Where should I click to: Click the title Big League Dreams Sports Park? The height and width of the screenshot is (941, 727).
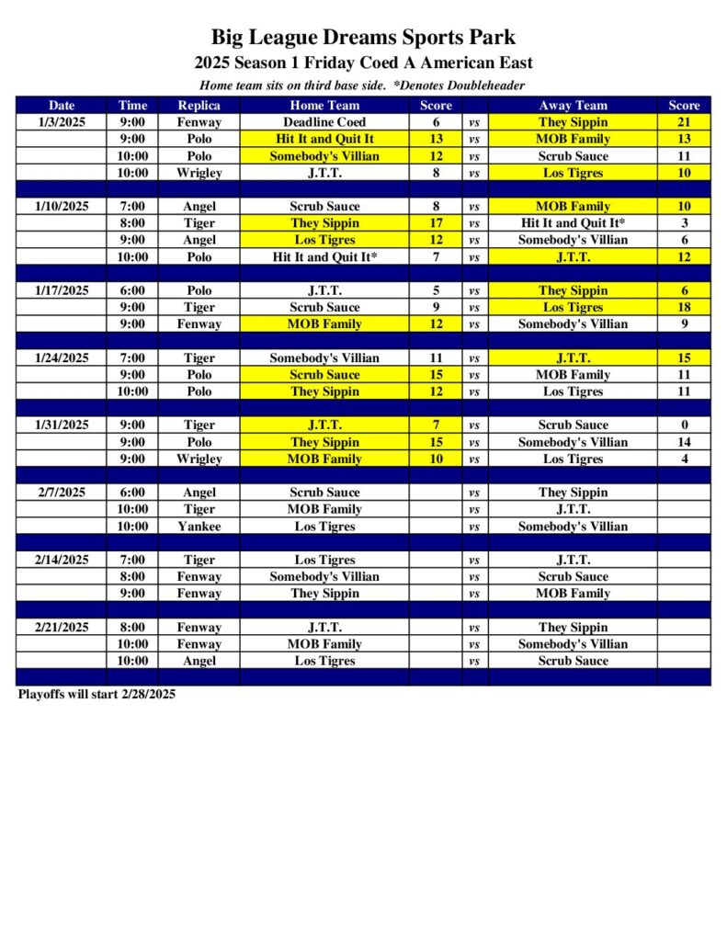363,38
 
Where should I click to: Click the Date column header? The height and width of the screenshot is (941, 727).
62,106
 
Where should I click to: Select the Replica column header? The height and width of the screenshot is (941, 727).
199,106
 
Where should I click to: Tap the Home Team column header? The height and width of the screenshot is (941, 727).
324,106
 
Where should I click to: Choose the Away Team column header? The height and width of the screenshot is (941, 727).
573,106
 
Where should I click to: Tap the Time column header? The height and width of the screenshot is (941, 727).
132,106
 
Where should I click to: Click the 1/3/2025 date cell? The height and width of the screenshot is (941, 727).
62,122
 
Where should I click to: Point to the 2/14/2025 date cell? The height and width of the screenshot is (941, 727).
62,560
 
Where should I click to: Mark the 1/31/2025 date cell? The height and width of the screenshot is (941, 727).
62,425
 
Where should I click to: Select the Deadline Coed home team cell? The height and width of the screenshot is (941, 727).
324,122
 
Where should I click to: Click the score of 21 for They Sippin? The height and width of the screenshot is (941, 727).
684,122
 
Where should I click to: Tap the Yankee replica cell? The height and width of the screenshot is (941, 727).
199,527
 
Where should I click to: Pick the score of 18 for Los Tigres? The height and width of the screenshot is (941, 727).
684,308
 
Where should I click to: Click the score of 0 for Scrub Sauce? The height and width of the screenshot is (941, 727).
684,425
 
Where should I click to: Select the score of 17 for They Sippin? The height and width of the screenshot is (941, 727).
436,223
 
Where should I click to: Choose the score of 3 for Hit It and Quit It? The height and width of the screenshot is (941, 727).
684,223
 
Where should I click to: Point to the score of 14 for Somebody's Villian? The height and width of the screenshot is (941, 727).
684,442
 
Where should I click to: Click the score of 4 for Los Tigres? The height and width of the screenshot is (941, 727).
684,459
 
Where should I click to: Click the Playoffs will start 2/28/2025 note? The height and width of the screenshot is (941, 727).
97,695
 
